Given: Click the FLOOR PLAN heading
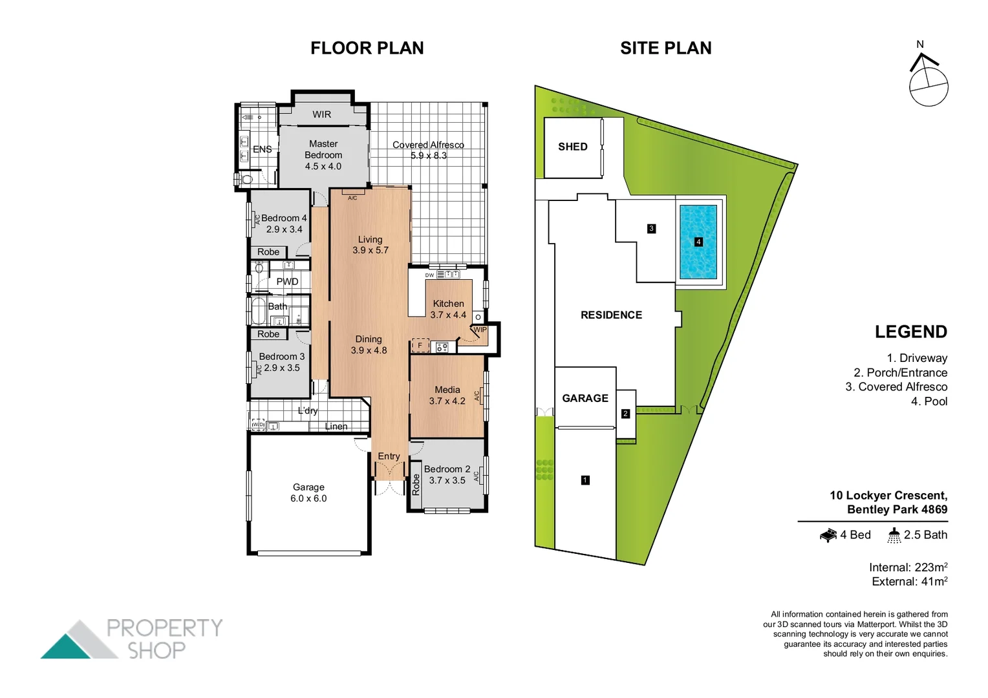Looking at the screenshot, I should [367, 48].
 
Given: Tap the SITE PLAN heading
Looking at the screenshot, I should [665, 48].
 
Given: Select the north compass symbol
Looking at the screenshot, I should [928, 81].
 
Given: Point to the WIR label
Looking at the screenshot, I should [321, 114].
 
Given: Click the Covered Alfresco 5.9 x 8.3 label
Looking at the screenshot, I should [428, 150].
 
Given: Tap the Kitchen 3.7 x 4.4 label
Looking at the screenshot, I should [448, 309].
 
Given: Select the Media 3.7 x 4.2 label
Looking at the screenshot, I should [447, 395].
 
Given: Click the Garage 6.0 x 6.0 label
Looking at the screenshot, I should [308, 492].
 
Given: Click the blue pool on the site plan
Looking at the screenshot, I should [698, 242].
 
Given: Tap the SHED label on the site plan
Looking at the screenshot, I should [573, 147].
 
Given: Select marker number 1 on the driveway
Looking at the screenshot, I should [585, 480].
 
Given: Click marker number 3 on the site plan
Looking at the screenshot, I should [651, 228].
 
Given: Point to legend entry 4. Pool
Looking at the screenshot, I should [929, 401].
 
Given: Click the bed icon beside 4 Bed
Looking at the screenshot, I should [828, 535].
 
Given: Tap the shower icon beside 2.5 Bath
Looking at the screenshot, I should [894, 535].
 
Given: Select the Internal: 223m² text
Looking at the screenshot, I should [908, 567].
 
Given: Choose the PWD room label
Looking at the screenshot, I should [287, 282].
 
